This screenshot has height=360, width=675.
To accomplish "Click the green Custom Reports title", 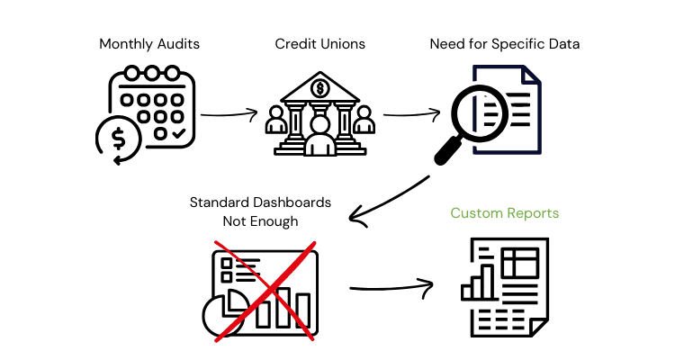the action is point(504,213).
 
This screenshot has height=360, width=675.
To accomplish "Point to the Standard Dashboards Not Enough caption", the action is point(259,211).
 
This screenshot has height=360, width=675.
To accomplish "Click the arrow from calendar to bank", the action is point(228,114).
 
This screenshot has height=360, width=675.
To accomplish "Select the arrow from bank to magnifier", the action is point(411,114).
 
